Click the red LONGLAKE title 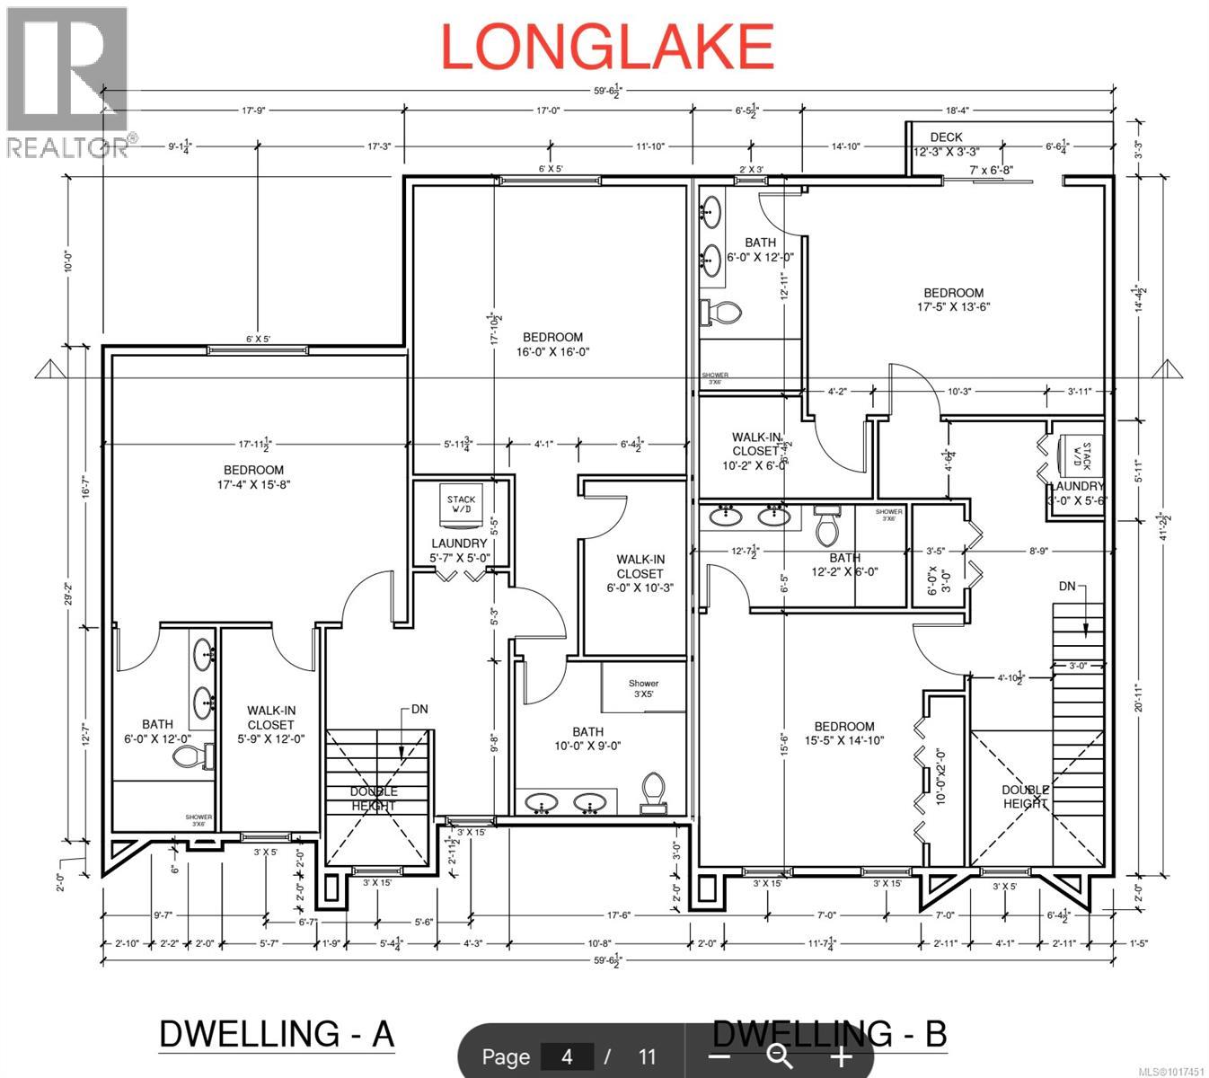click(607, 47)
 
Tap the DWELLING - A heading click(277, 1033)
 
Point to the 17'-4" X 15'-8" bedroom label click(253, 477)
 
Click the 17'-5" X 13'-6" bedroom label click(953, 299)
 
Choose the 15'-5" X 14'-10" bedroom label click(843, 733)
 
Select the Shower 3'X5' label click(643, 689)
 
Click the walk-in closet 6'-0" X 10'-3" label click(640, 573)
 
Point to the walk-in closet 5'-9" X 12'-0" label click(270, 724)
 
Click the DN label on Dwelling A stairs click(419, 709)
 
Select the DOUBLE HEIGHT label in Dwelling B click(1025, 797)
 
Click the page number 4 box click(566, 1056)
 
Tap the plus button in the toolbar click(840, 1056)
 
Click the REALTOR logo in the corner click(67, 81)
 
